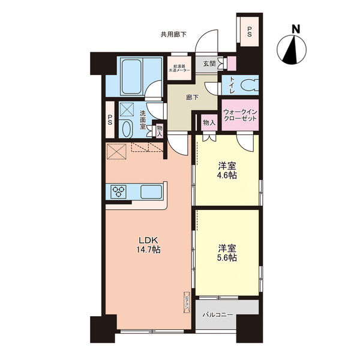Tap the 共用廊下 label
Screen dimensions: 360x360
(173, 35)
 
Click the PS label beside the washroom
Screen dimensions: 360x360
(110, 119)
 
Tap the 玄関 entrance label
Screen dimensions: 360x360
(209, 63)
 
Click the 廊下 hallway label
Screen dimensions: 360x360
(192, 98)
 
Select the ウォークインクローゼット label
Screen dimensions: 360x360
(240, 115)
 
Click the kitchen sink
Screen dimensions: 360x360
(150, 193)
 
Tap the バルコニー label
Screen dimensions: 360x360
(217, 314)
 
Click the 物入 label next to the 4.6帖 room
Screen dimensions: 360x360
(209, 122)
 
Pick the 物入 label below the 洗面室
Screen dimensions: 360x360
(160, 130)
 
